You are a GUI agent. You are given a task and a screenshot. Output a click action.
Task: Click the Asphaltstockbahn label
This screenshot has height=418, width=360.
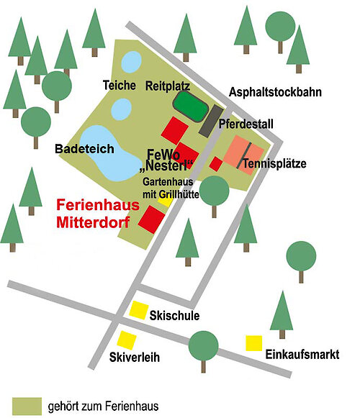point(275,92)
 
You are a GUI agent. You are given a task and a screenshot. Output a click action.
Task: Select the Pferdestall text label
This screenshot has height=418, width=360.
point(246,124)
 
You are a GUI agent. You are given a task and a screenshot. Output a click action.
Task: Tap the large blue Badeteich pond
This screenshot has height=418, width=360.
point(105,153)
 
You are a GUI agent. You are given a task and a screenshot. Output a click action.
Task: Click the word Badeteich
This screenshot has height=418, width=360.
point(85,150)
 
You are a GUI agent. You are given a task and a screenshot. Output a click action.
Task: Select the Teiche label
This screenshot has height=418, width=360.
point(119,85)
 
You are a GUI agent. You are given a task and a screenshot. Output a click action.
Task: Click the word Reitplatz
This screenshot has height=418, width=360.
point(168,85)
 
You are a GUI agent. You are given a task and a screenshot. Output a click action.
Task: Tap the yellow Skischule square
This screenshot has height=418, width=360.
point(138,310)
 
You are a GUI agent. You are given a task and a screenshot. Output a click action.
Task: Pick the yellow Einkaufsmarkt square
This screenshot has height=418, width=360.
point(253,342)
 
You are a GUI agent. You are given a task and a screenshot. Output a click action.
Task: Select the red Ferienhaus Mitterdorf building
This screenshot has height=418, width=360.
point(152,218)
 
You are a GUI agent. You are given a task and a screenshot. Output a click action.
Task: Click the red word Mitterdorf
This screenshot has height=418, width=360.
point(93,222)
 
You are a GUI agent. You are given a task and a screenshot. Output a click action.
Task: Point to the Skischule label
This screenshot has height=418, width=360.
point(174,316)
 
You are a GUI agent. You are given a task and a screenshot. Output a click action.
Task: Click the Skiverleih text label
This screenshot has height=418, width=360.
point(134,357)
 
